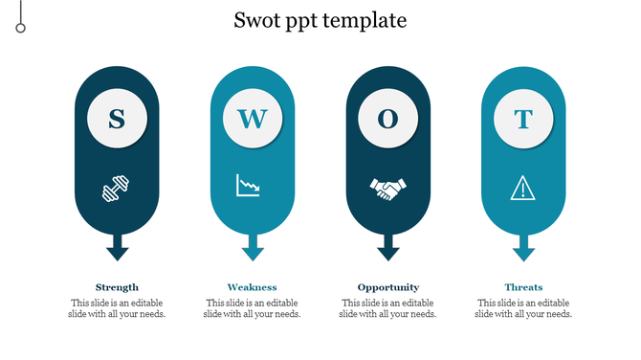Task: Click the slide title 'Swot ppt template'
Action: pyautogui.click(x=320, y=20)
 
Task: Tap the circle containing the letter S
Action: pyautogui.click(x=117, y=119)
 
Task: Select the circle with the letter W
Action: pyautogui.click(x=253, y=119)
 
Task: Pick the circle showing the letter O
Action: pyautogui.click(x=387, y=119)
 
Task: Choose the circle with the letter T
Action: pyautogui.click(x=523, y=119)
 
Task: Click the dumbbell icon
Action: pyautogui.click(x=117, y=189)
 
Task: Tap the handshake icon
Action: pyautogui.click(x=387, y=188)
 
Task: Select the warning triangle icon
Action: pyautogui.click(x=523, y=188)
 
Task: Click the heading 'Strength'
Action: pyautogui.click(x=117, y=287)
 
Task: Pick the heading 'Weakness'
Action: pyautogui.click(x=253, y=287)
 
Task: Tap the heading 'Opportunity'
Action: pyautogui.click(x=387, y=287)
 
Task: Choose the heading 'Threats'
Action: pyautogui.click(x=523, y=287)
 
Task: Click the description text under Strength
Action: pyautogui.click(x=117, y=308)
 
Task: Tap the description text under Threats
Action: pyautogui.click(x=523, y=308)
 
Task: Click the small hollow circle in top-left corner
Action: pyautogui.click(x=20, y=28)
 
